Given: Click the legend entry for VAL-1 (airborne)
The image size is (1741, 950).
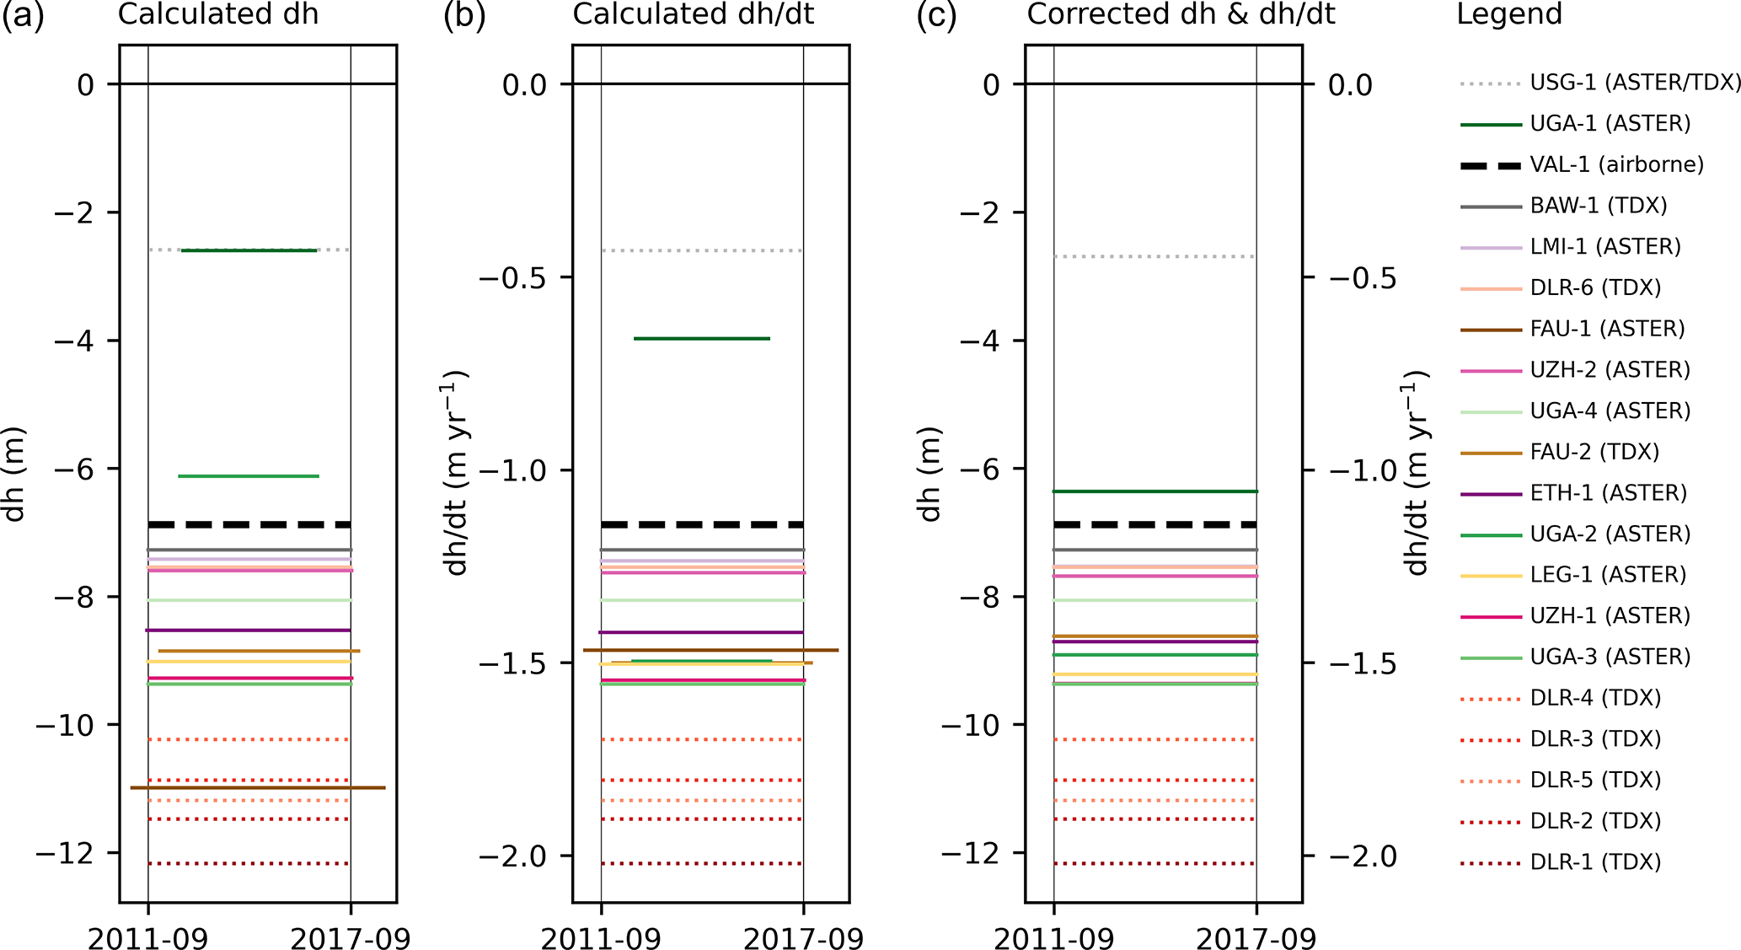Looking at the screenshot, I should click(x=1616, y=164).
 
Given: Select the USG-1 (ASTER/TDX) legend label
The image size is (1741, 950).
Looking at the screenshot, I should click(x=1635, y=83).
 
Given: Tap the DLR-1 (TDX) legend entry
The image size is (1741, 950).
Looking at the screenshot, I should click(x=1595, y=862).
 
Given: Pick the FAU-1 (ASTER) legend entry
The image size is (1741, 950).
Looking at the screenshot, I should click(x=1607, y=329).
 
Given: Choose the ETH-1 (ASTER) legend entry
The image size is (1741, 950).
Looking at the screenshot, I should click(x=1608, y=493).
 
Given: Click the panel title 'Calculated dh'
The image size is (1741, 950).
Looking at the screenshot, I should click(x=218, y=14).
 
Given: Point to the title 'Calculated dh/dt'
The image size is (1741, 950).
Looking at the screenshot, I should click(x=693, y=14).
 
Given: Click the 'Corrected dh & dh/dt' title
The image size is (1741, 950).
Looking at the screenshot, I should click(x=1181, y=14).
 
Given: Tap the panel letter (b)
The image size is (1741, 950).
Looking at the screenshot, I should click(x=464, y=16).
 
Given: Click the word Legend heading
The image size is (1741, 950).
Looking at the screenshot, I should click(x=1509, y=14).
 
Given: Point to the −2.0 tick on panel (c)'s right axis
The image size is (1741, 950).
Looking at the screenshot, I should click(x=1363, y=856).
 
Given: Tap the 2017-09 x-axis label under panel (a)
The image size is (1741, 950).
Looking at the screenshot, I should click(x=351, y=937).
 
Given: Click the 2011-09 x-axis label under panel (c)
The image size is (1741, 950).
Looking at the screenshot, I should click(x=1053, y=937).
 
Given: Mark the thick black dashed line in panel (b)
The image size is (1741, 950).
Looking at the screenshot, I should click(x=702, y=524).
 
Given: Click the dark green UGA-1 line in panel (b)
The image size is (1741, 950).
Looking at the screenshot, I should click(x=702, y=339).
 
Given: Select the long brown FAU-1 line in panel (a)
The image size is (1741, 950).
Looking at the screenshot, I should click(x=258, y=787).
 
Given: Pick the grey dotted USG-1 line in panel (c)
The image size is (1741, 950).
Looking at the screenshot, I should click(x=1154, y=256).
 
